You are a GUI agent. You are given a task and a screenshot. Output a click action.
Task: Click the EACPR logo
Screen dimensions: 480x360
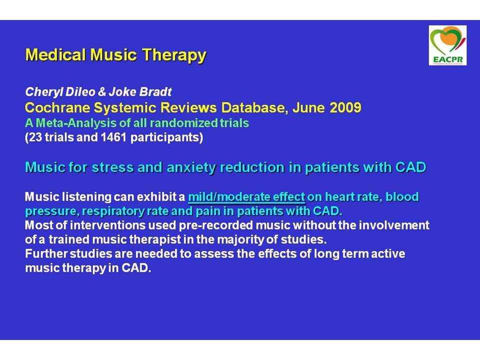pos(447,45)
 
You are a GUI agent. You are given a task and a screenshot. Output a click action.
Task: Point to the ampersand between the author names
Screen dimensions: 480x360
pos(102,91)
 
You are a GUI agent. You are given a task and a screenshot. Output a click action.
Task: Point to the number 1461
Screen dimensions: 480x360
pos(113,137)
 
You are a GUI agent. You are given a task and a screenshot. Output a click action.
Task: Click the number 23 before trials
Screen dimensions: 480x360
pos(35,137)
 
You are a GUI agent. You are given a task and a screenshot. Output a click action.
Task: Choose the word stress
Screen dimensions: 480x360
pos(112,167)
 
